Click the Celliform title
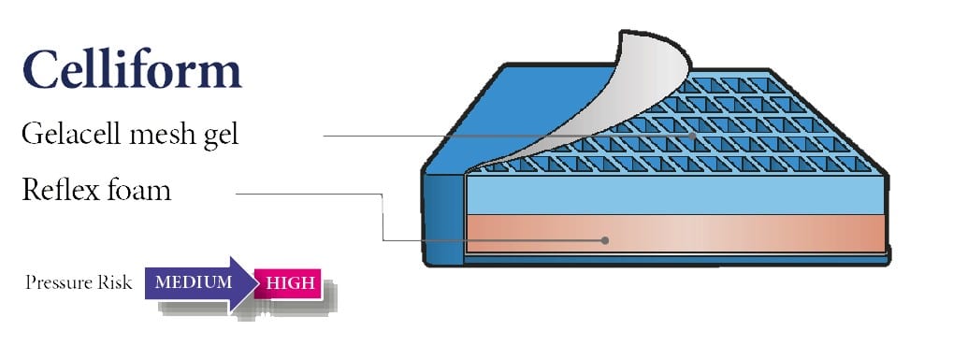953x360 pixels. (132, 70)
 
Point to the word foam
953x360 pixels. (140, 191)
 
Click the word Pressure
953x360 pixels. (57, 282)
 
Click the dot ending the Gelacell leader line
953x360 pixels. (693, 137)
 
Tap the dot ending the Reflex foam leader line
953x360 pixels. (605, 240)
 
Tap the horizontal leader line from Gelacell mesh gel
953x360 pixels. (468, 137)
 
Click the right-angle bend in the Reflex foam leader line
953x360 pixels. (383, 194)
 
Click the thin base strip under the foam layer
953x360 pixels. (673, 254)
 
